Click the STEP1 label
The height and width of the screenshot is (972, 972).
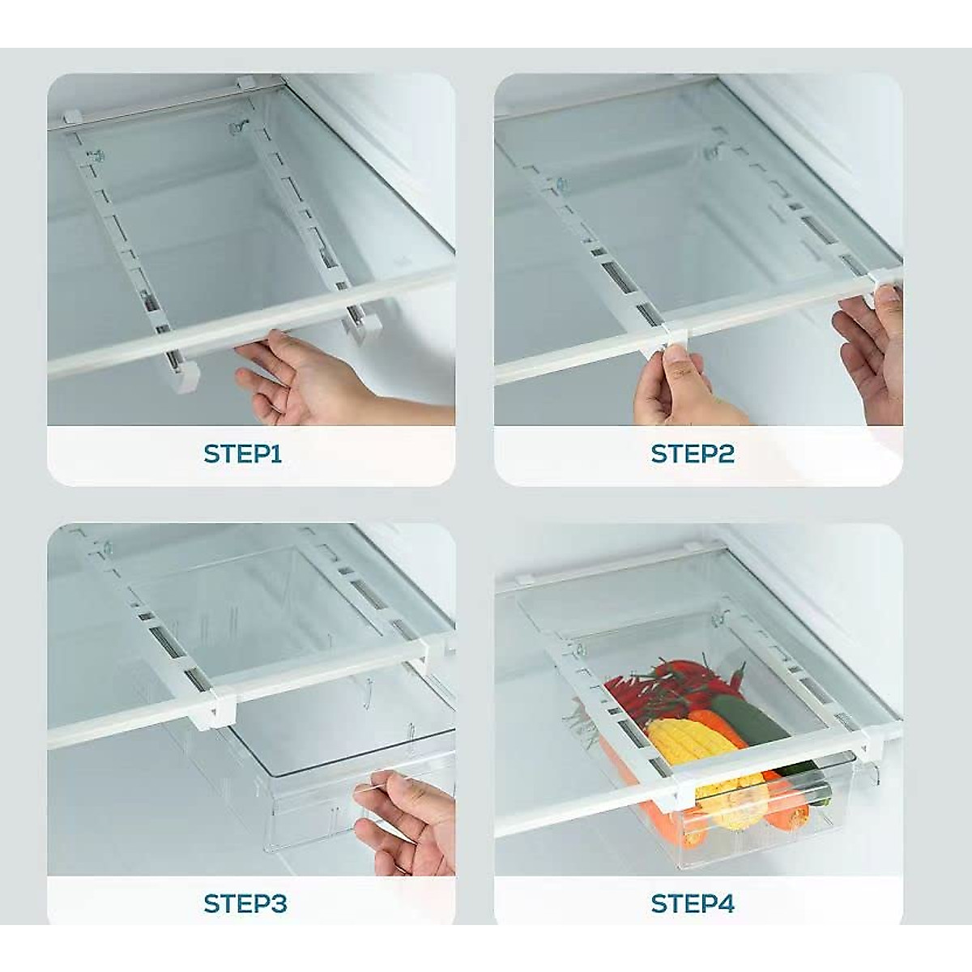coord(242,454)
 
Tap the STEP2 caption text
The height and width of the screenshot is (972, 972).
coord(693,454)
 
